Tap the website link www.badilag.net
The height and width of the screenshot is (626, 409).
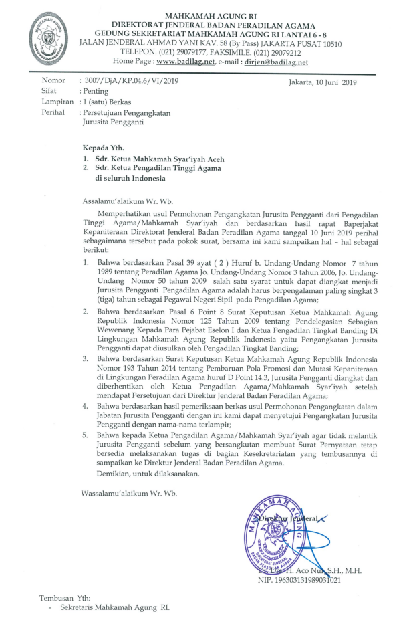tap(183, 62)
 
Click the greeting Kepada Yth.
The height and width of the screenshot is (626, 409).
tap(104, 146)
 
